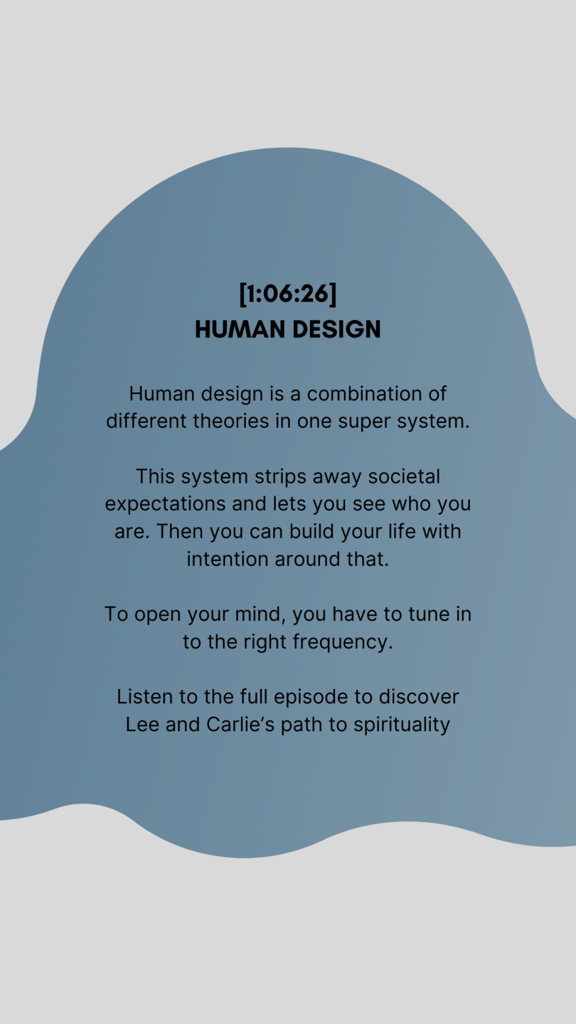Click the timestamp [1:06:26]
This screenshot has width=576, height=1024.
[x=288, y=294]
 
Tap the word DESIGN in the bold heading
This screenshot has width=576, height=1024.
[x=336, y=329]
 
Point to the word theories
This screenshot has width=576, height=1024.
[x=231, y=421]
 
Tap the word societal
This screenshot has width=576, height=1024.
[x=404, y=476]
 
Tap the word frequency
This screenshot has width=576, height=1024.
[x=343, y=643]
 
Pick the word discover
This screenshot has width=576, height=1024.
[x=419, y=697]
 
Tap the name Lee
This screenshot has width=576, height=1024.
[x=142, y=725]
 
